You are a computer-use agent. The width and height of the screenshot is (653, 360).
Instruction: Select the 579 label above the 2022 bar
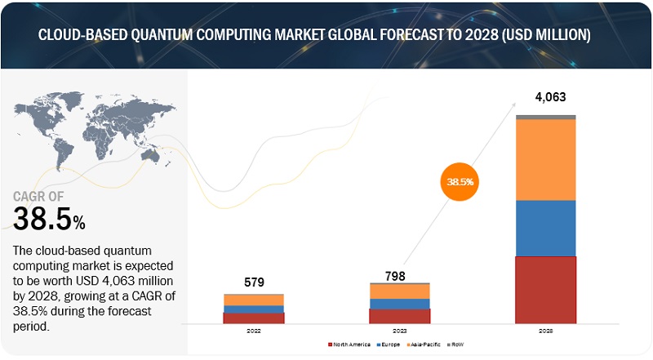point(253,282)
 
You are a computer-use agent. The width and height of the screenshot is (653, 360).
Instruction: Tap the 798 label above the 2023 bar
point(399,276)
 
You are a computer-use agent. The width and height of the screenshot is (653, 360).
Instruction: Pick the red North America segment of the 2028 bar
point(546,290)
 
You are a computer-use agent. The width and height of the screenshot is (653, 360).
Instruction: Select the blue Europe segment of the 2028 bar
point(546,228)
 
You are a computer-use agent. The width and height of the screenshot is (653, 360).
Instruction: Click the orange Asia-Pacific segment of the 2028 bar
point(546,160)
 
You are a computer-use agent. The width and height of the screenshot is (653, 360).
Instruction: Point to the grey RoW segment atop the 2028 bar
point(546,118)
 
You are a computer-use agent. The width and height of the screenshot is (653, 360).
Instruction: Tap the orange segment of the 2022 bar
point(254,300)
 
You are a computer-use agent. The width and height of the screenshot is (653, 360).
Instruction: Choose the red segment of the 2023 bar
point(399,316)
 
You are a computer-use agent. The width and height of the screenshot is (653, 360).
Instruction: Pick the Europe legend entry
point(391,345)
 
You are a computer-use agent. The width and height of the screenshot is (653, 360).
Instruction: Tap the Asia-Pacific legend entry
point(427,345)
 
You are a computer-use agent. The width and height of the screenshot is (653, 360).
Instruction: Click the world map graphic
point(90,134)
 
